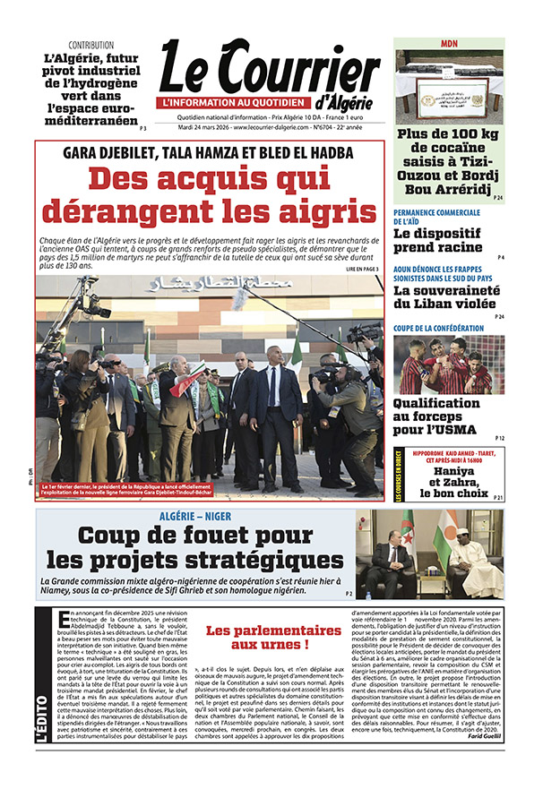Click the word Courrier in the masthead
(x=296, y=71)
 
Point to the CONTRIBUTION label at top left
(x=90, y=45)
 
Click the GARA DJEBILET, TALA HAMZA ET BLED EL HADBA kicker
(x=210, y=151)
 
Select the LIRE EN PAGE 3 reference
(x=362, y=269)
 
